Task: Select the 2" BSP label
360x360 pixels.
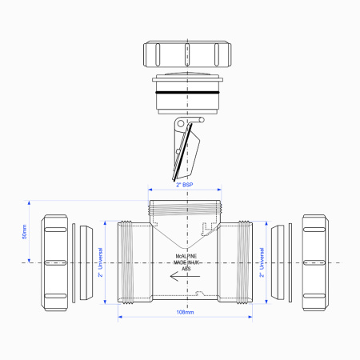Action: (x=184, y=185)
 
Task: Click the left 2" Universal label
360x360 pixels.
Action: (x=101, y=262)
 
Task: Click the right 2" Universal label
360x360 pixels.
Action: (x=262, y=262)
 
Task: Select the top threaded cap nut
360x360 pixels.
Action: (x=184, y=55)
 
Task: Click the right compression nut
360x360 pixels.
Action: (x=314, y=262)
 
